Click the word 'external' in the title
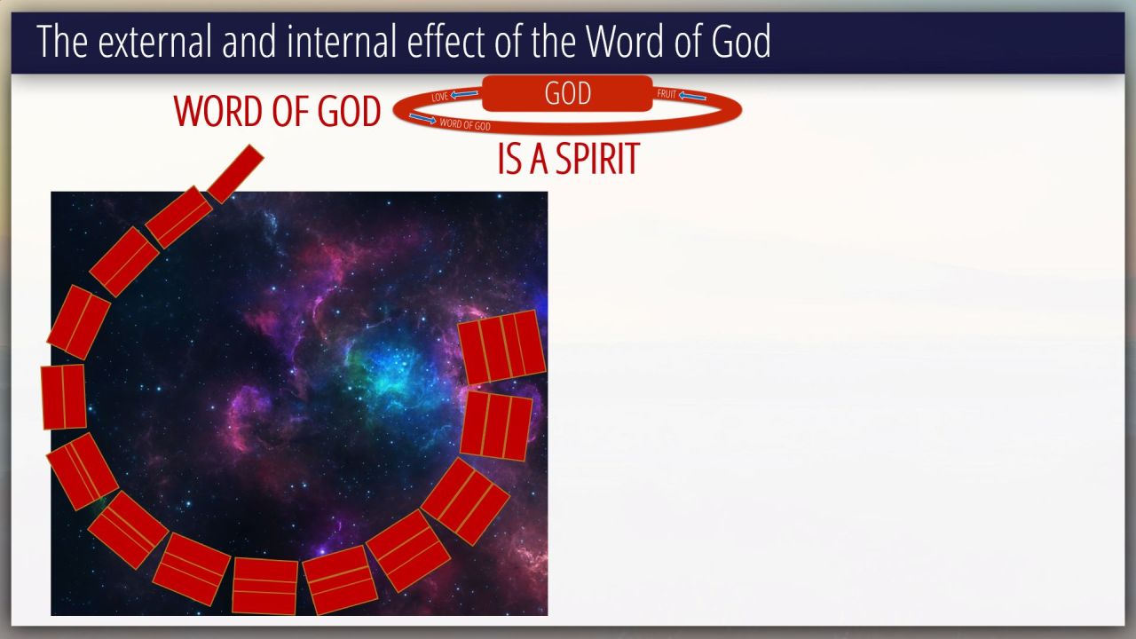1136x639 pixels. pos(154,42)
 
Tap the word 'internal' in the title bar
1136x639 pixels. pos(342,42)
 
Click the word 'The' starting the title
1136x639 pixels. pos(62,42)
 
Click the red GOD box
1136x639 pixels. pos(567,93)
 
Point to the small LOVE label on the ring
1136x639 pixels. pos(439,97)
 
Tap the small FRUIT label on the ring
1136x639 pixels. pos(667,94)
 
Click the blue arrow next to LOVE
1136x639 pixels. pos(464,94)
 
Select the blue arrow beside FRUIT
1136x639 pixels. pos(692,96)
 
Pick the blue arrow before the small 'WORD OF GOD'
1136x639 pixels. pos(423,119)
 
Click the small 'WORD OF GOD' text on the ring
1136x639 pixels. pos(465,124)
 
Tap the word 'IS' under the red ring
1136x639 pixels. pos(509,159)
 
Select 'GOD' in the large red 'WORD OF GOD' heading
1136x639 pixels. pos(349,111)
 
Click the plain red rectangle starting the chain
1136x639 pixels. pos(235,174)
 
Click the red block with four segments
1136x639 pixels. pos(501,347)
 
